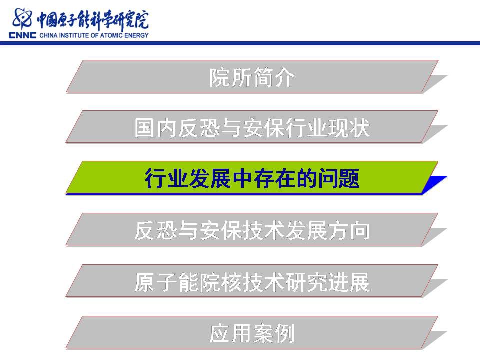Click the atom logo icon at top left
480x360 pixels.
22,18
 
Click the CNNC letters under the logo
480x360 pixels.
22,35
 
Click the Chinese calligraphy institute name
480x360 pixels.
93,20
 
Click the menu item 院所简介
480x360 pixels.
252,77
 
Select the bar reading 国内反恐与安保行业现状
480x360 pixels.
252,127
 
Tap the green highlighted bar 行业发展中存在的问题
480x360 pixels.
252,178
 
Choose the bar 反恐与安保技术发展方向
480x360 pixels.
252,230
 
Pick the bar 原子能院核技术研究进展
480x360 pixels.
252,281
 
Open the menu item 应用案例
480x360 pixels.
252,333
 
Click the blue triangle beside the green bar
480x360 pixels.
435,183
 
